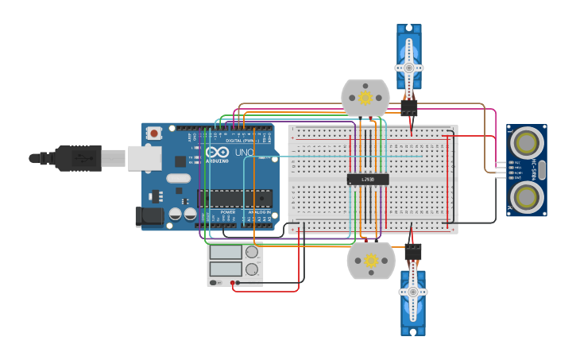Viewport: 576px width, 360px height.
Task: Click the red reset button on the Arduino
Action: coord(154,134)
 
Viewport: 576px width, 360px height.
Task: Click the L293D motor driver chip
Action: coord(368,180)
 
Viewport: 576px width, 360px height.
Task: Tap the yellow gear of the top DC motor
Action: coord(365,98)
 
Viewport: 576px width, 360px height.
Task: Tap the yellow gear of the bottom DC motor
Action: coord(371,261)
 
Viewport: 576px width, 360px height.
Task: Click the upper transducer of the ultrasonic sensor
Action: coord(526,143)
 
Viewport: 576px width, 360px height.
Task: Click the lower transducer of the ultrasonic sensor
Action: coord(526,196)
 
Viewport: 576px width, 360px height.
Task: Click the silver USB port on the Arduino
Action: coord(145,158)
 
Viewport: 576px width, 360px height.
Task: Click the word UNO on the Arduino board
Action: coord(244,152)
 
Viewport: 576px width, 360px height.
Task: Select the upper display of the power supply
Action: coord(226,253)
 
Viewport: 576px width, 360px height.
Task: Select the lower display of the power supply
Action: coord(226,269)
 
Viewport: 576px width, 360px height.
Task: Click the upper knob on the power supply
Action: coord(252,252)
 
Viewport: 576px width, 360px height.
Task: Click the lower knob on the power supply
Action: coord(253,269)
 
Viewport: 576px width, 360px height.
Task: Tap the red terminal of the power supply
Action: coord(233,282)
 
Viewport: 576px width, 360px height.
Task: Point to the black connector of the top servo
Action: coord(409,106)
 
